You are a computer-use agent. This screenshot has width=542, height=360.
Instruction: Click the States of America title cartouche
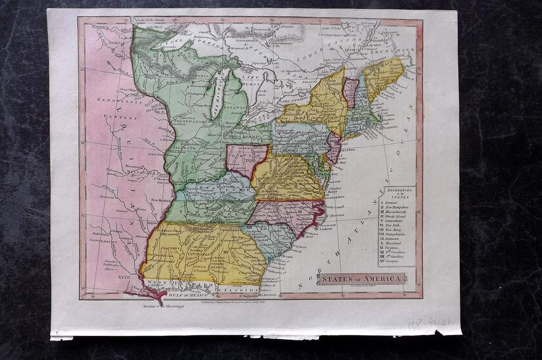point(362,279)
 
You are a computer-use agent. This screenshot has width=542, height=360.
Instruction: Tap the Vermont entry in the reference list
point(391,203)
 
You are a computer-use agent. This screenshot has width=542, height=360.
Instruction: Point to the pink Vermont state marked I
point(350,92)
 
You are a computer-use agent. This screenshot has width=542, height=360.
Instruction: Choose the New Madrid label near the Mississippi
point(162,200)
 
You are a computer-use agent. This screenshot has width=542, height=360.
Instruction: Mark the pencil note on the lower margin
point(430,323)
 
